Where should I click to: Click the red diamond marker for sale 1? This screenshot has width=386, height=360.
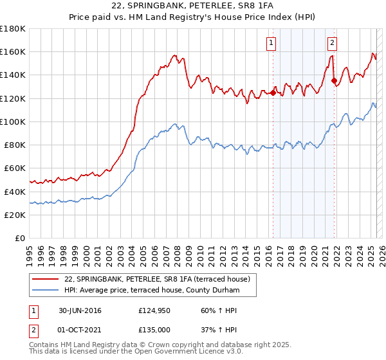click(273, 93)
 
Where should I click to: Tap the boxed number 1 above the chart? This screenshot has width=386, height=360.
click(271, 43)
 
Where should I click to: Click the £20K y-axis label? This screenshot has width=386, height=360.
click(15, 215)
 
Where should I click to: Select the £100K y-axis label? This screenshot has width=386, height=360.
click(13, 122)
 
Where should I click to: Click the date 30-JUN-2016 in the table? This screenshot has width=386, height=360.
click(80, 311)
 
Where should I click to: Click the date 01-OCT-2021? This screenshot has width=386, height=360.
click(80, 329)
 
